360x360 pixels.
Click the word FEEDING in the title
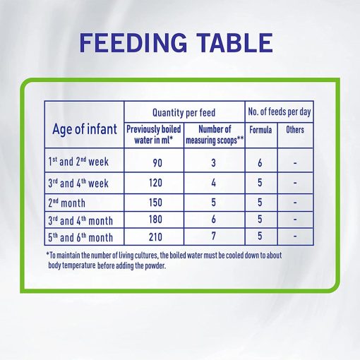coord(133,42)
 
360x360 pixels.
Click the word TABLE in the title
coord(234,42)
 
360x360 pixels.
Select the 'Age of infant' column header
coord(85,129)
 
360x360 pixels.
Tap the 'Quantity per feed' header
coord(184,112)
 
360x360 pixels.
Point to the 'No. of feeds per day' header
coord(280,112)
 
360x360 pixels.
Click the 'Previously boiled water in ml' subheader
coord(154,135)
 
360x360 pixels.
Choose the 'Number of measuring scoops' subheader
coord(215,135)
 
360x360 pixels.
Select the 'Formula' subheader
coord(260,130)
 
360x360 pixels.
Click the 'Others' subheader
coord(295,130)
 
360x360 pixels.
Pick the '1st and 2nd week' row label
coord(78,162)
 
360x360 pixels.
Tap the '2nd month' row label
coord(66,203)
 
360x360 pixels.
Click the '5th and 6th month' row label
coord(80,237)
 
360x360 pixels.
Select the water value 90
coord(157,163)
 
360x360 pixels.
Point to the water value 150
coord(155,203)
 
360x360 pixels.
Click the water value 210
coord(155,237)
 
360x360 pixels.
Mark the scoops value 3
coord(213,163)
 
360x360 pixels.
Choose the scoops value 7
coord(213,236)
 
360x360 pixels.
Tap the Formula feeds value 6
coord(260,163)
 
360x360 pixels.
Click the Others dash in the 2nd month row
coord(295,203)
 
